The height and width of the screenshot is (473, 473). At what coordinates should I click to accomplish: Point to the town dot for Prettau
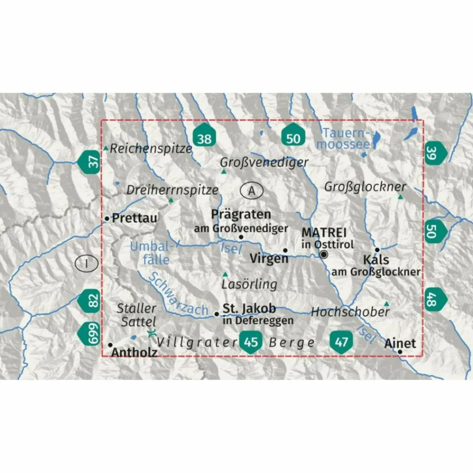point(107,218)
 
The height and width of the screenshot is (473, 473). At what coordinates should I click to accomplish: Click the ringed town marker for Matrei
point(324,255)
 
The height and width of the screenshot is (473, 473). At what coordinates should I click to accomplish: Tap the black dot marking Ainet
point(400,352)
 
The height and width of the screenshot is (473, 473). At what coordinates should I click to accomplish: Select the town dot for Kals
point(377,250)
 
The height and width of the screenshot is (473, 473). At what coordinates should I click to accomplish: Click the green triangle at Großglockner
point(400,197)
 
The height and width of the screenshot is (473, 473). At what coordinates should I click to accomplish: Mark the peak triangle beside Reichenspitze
point(106,148)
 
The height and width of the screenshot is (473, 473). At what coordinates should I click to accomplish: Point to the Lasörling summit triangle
point(225,274)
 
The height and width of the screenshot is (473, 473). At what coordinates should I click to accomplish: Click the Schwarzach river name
point(178,294)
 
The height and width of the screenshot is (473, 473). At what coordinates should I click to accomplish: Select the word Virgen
point(269,259)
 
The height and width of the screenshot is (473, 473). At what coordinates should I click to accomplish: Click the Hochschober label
point(350,312)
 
